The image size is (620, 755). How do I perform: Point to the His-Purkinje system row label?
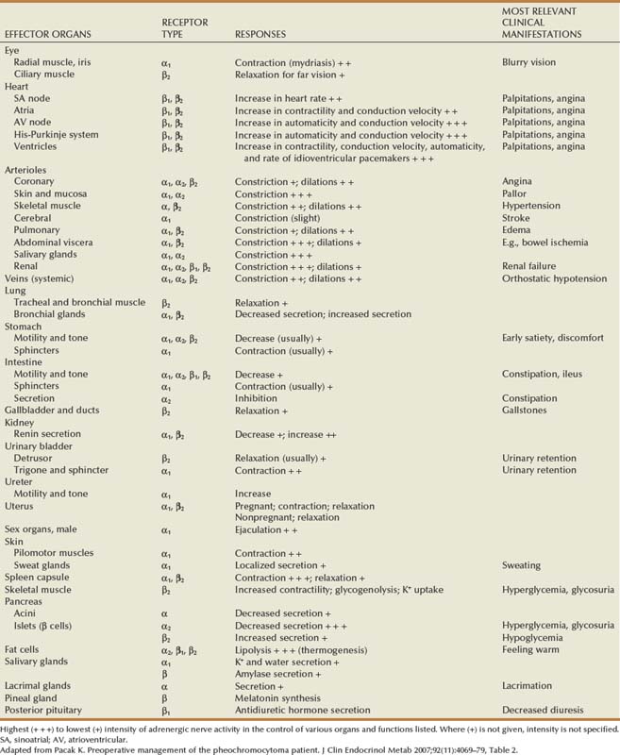tap(65, 134)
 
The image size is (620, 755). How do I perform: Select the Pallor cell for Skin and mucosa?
tap(514, 193)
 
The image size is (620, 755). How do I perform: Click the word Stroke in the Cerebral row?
tap(515, 217)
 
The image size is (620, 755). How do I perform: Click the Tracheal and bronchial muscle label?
tap(79, 303)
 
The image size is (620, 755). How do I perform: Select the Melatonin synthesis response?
tap(277, 696)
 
